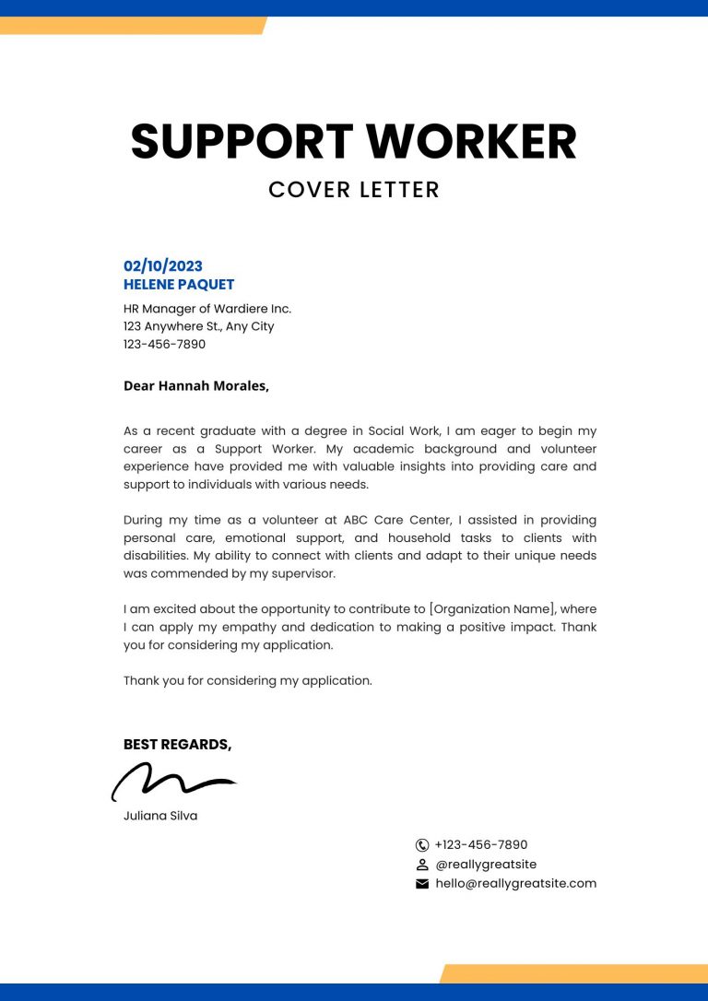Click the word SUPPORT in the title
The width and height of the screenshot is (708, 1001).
[242, 142]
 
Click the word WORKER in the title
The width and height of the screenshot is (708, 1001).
[471, 142]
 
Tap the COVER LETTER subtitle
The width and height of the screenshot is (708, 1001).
[354, 190]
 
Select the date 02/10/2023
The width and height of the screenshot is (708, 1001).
[163, 266]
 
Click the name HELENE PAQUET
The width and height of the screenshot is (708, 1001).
[179, 285]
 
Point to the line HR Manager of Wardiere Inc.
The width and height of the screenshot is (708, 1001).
[207, 309]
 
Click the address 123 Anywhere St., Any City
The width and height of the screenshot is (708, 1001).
[198, 326]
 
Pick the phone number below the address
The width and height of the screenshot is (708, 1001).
[164, 344]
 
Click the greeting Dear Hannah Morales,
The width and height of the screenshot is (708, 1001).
[196, 385]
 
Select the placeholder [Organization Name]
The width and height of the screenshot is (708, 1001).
[493, 609]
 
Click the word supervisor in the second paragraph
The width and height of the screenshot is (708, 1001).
[297, 573]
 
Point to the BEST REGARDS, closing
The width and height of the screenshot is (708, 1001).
[177, 744]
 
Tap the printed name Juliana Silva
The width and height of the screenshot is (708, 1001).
[160, 816]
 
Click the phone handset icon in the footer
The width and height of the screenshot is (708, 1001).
[422, 844]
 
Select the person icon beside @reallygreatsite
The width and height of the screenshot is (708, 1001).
[422, 865]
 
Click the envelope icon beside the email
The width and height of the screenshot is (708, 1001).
[422, 884]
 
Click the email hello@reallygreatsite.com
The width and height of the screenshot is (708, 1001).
[515, 883]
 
